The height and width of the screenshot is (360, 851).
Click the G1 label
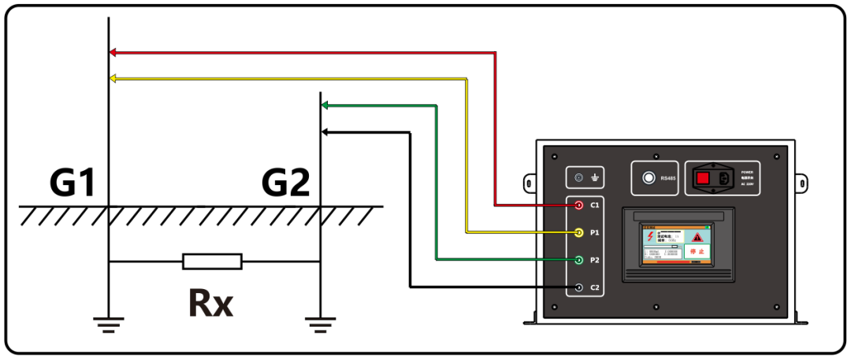click(x=72, y=184)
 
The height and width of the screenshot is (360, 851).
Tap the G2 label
click(x=285, y=184)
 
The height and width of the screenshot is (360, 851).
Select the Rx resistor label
click(x=210, y=302)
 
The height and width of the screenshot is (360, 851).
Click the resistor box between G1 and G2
click(x=212, y=262)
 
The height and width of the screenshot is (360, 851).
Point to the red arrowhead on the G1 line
click(x=113, y=52)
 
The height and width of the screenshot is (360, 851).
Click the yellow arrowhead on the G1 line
click(x=113, y=78)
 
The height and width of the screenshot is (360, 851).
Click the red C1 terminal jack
click(x=579, y=205)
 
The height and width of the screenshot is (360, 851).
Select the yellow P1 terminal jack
click(x=579, y=232)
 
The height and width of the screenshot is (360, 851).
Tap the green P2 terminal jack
click(x=579, y=260)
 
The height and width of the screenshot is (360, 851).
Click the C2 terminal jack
click(x=579, y=288)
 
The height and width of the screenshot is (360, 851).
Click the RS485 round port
click(x=649, y=178)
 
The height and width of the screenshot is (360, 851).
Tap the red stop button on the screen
click(x=697, y=252)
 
